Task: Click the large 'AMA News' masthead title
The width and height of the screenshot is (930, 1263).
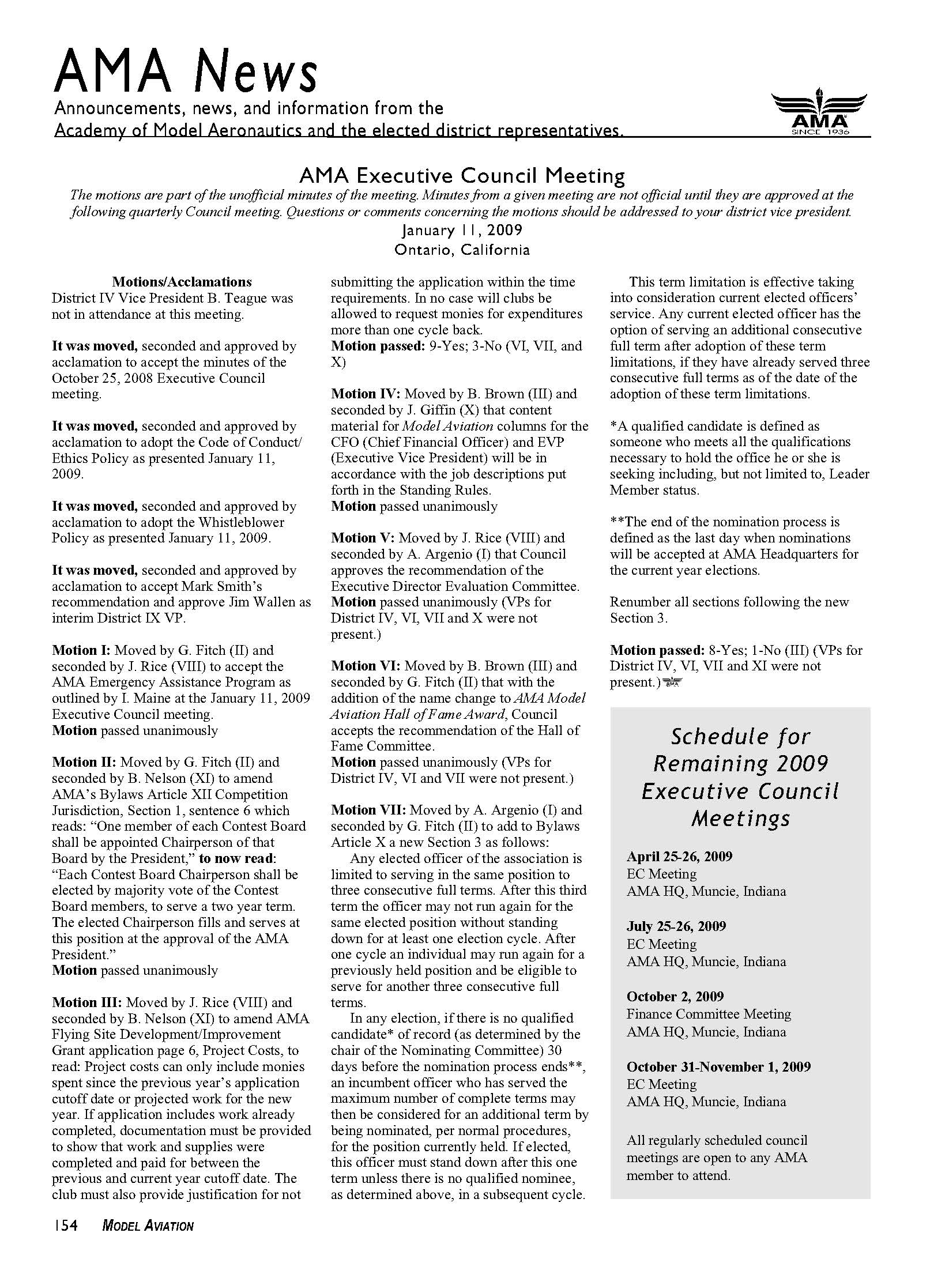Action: (x=186, y=71)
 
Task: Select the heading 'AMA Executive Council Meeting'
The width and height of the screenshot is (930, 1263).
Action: (x=462, y=175)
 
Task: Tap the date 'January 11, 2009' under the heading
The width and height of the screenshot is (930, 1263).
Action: (x=462, y=231)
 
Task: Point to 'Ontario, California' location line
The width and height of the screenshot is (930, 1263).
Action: (x=462, y=250)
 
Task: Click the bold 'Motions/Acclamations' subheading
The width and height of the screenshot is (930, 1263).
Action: (x=182, y=282)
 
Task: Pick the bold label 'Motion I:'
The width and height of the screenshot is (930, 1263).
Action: (x=81, y=650)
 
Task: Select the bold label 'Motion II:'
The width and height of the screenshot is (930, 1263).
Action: (x=84, y=762)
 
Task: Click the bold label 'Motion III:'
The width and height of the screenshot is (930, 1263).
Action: (x=87, y=1002)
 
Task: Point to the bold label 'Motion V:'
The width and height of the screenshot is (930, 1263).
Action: (x=363, y=538)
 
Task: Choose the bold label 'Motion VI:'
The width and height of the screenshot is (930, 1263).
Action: (x=366, y=666)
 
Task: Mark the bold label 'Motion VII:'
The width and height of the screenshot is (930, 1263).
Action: (x=368, y=810)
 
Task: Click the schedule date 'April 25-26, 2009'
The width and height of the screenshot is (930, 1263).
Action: (x=679, y=856)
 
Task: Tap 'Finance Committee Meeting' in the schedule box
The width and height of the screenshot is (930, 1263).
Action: (x=709, y=1014)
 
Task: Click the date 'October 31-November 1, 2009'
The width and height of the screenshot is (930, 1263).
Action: (x=718, y=1067)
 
